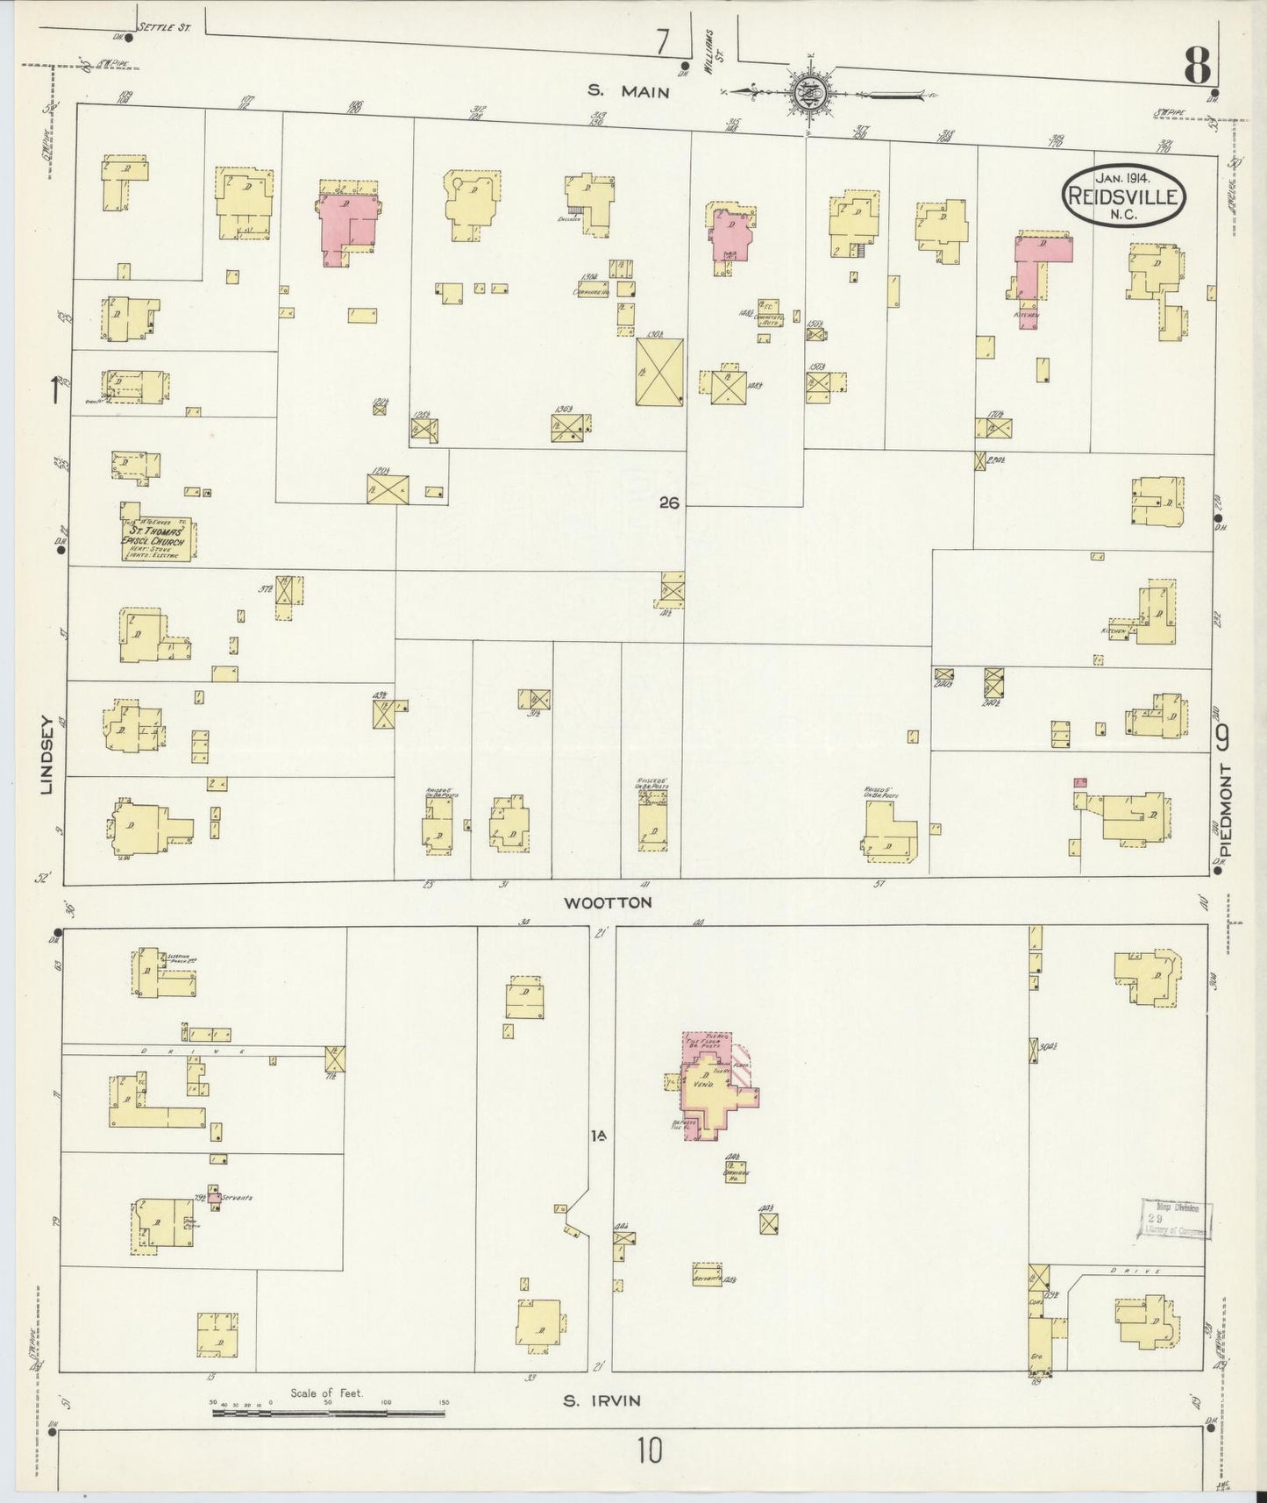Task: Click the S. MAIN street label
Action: tap(628, 90)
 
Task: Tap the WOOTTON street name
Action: tap(608, 901)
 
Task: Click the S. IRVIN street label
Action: tap(601, 1400)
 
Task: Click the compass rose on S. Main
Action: tap(805, 92)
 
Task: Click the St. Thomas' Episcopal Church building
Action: tap(158, 535)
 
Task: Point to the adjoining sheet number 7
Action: tap(662, 40)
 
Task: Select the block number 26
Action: tap(670, 503)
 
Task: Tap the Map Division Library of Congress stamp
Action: tap(1176, 1219)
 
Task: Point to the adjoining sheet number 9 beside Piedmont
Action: tap(1223, 737)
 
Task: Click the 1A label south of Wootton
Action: tap(599, 1136)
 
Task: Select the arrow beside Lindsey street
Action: tap(57, 388)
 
